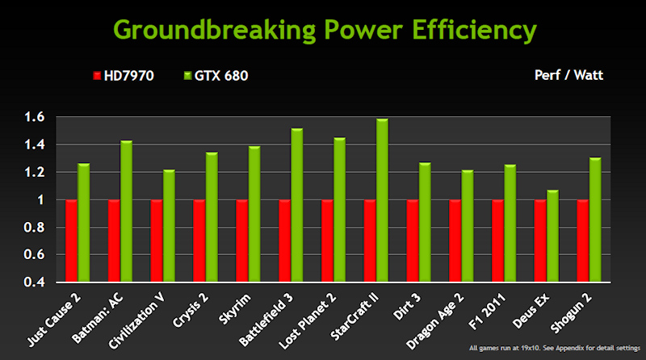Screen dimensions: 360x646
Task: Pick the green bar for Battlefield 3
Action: (296, 205)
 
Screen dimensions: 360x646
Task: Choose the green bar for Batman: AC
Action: (126, 211)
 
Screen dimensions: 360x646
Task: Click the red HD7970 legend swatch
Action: (98, 77)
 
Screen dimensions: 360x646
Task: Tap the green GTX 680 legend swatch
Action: (187, 77)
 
